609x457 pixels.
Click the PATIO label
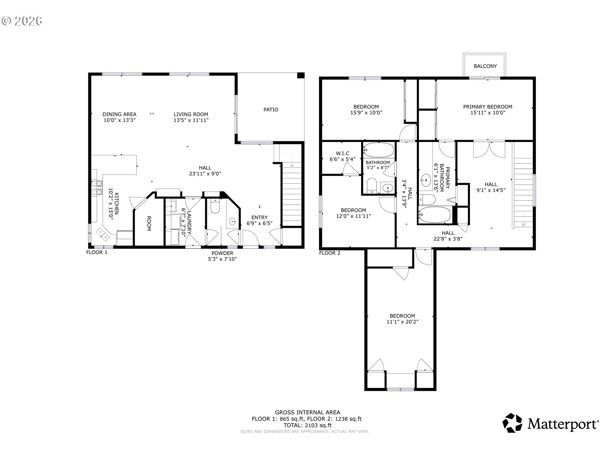point(271,109)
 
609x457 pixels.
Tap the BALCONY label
point(485,66)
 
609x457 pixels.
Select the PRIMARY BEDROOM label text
point(488,107)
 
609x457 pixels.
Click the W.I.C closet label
point(343,153)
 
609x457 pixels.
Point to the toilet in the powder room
point(215,206)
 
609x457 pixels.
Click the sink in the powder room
point(233,221)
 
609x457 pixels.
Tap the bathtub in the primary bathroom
point(435,215)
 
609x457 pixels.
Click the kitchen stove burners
point(97,187)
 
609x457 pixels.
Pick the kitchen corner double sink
point(103,234)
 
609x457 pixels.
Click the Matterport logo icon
point(512,423)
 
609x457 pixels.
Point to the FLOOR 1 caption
point(97,252)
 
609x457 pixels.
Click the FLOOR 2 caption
point(330,253)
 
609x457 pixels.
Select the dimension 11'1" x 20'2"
point(402,321)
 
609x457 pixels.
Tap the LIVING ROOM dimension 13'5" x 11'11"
point(191,120)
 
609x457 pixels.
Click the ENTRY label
point(259,217)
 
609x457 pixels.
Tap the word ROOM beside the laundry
point(149,223)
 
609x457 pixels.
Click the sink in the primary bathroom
point(425,181)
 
